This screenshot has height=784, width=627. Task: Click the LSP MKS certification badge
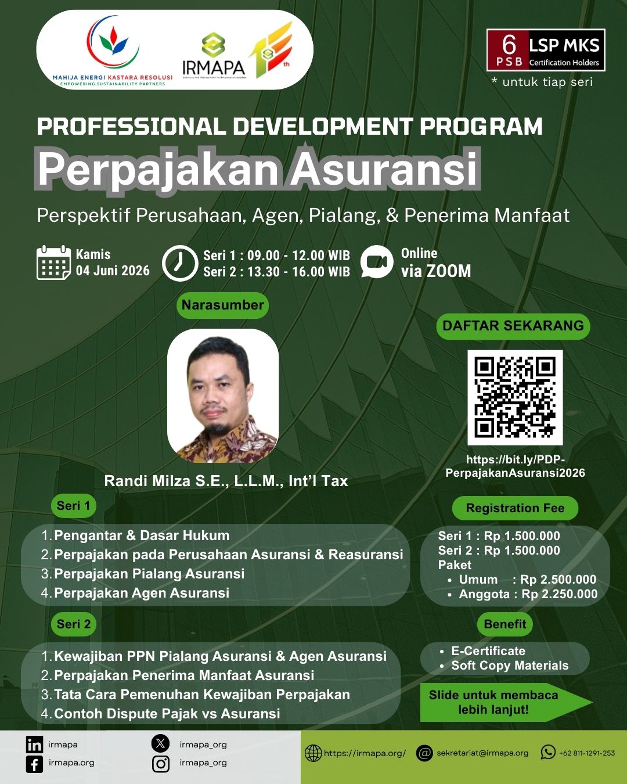tap(545, 50)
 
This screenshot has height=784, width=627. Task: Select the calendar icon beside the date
tap(53, 262)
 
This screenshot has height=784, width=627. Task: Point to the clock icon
tap(180, 263)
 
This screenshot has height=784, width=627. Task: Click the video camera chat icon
tap(377, 261)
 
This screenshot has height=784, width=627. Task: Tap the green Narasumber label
tap(222, 305)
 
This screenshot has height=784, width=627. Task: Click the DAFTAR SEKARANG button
tap(513, 326)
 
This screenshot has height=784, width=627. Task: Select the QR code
tap(515, 397)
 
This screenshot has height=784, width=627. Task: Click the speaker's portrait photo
tap(223, 396)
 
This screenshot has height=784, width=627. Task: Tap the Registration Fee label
tap(515, 508)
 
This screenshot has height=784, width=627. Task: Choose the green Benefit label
tap(505, 624)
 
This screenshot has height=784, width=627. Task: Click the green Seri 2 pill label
tap(74, 624)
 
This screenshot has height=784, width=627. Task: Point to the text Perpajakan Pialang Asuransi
tap(149, 574)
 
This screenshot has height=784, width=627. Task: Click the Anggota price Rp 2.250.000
tap(560, 594)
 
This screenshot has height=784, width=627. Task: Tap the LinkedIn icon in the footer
tap(35, 745)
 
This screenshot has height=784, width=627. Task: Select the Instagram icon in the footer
tap(160, 764)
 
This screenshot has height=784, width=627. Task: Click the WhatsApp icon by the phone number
tap(548, 752)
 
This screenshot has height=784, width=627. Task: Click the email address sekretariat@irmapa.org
tap(482, 753)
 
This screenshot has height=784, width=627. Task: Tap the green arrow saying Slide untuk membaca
tap(506, 702)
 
